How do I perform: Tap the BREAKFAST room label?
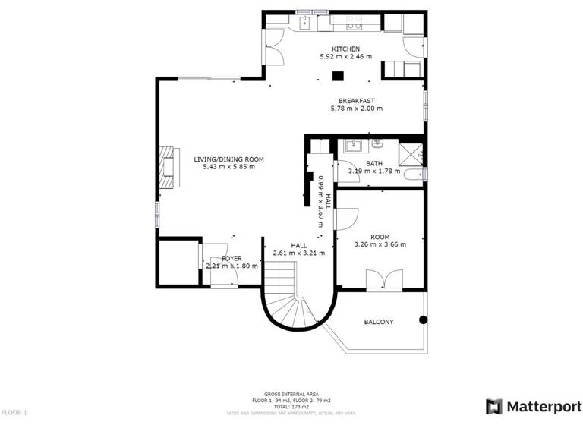(356, 101)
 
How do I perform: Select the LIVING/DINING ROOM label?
(228, 159)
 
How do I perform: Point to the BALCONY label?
(379, 323)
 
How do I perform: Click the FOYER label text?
(232, 258)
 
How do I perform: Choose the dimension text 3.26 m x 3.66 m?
(380, 244)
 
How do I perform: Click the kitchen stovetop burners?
(353, 24)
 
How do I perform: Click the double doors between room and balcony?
(381, 281)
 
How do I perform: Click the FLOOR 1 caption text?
(14, 412)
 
